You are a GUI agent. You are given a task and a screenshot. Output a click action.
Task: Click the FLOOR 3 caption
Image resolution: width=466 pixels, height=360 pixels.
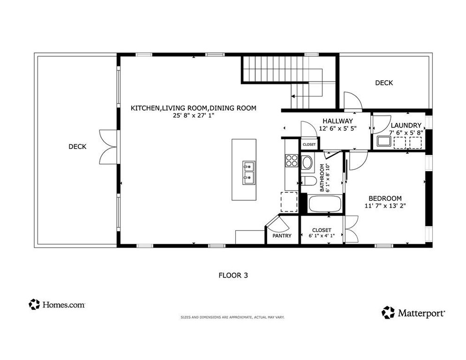click(233, 275)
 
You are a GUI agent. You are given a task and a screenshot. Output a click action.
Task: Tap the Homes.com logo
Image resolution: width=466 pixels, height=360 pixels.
click(57, 305)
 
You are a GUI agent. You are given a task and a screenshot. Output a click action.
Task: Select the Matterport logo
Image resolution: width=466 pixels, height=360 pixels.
click(413, 313)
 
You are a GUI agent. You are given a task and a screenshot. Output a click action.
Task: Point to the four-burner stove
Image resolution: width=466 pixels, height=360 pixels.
click(292, 161)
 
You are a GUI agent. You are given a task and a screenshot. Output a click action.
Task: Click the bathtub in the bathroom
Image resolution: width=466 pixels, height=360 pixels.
click(326, 204)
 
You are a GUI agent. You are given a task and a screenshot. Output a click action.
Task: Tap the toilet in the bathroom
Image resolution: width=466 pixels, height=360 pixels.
click(308, 181)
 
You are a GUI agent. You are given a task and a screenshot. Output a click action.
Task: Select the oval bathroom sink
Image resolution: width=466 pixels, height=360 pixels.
click(308, 163)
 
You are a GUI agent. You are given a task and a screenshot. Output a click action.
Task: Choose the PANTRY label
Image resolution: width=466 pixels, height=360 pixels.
click(282, 236)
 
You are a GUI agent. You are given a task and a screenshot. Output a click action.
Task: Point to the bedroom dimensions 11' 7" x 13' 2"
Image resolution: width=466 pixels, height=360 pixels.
click(385, 205)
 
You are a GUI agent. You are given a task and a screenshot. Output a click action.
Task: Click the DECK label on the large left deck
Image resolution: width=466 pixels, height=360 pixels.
click(77, 147)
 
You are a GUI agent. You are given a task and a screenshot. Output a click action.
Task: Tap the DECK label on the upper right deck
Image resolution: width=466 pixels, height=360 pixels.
click(384, 83)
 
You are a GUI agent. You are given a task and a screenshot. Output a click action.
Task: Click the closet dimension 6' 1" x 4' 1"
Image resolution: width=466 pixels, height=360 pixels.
click(321, 236)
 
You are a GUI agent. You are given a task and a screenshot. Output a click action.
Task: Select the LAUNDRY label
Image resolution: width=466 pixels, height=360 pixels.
click(406, 126)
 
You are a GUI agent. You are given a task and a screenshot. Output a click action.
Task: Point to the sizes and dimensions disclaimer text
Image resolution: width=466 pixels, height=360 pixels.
click(233, 317)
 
